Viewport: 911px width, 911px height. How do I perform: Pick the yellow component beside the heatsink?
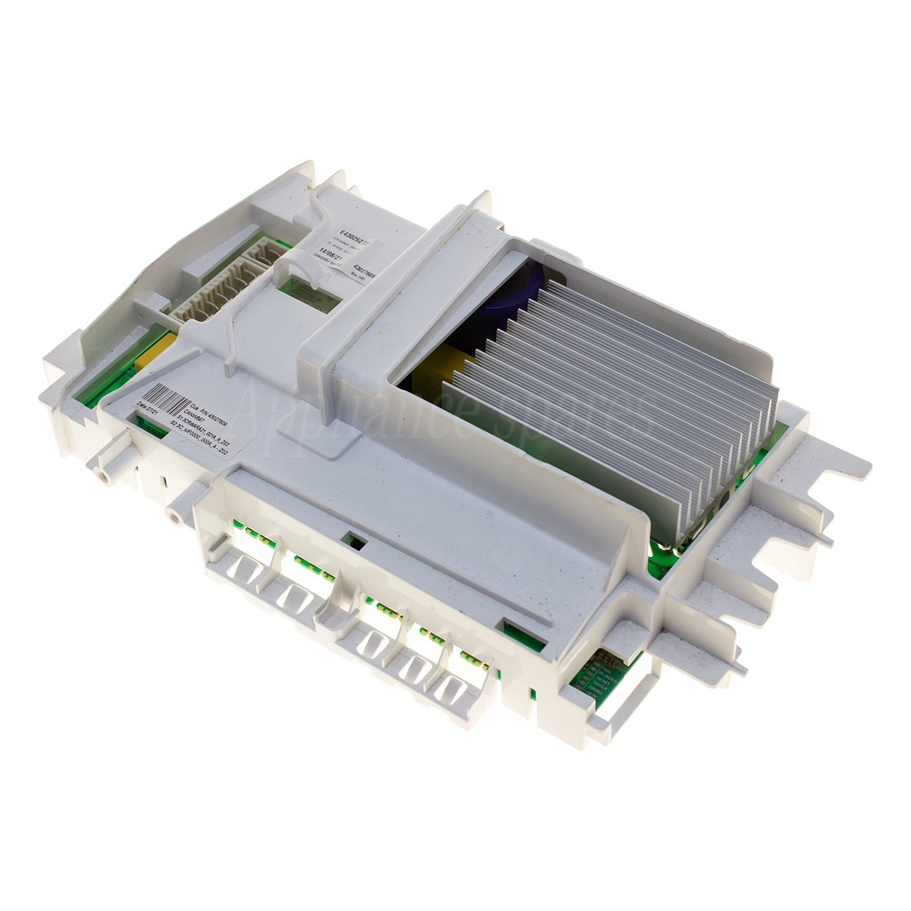coord(436,378)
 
